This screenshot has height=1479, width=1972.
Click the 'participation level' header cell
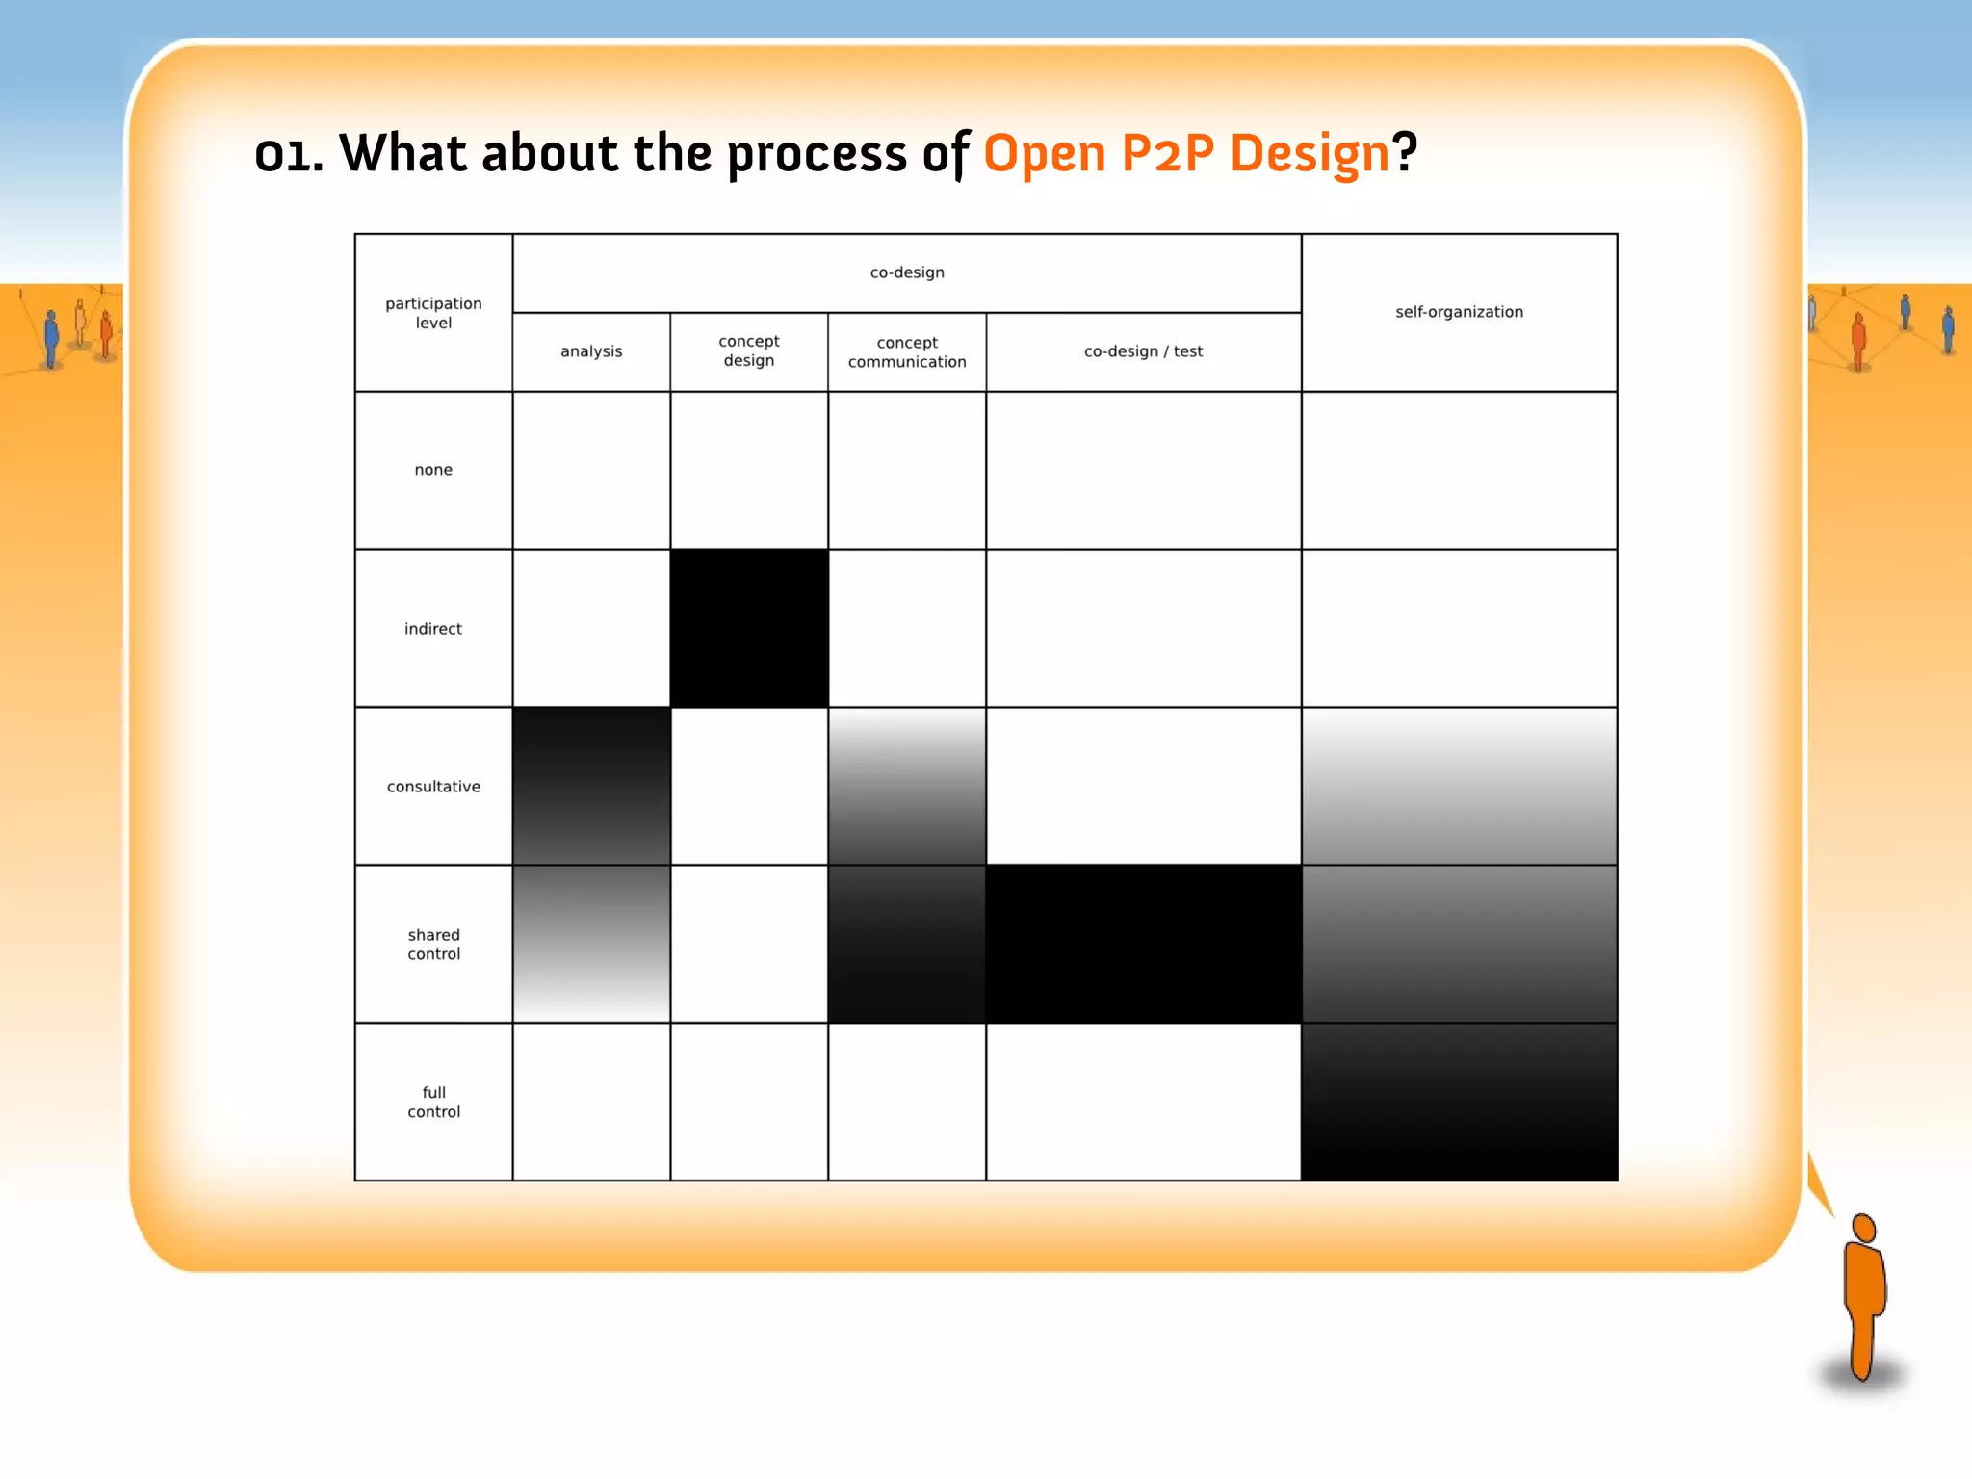point(433,313)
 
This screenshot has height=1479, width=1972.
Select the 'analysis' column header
point(591,351)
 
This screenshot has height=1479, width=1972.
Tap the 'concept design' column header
point(749,350)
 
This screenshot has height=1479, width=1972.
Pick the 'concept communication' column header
point(907,351)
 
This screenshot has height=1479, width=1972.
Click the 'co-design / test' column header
point(1143,351)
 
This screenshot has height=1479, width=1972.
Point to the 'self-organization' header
point(1459,312)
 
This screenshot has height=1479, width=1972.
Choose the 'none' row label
point(433,470)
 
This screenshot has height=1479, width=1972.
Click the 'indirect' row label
point(433,629)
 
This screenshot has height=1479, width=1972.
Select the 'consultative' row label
point(433,787)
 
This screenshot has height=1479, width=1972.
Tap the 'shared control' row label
point(433,944)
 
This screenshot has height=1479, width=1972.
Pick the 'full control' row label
point(433,1102)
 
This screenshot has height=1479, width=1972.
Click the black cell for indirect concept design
point(749,628)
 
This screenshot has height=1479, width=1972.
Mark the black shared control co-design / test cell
point(1143,944)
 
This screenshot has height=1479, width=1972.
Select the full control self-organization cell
point(1459,1102)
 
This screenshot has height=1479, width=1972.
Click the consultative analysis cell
point(591,786)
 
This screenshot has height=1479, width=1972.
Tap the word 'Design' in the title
point(1310,154)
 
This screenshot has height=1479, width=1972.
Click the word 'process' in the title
point(817,154)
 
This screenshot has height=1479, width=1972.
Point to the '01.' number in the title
point(288,154)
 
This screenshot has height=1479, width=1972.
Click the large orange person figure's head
point(1864,1228)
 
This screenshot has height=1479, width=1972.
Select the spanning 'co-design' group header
point(907,272)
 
